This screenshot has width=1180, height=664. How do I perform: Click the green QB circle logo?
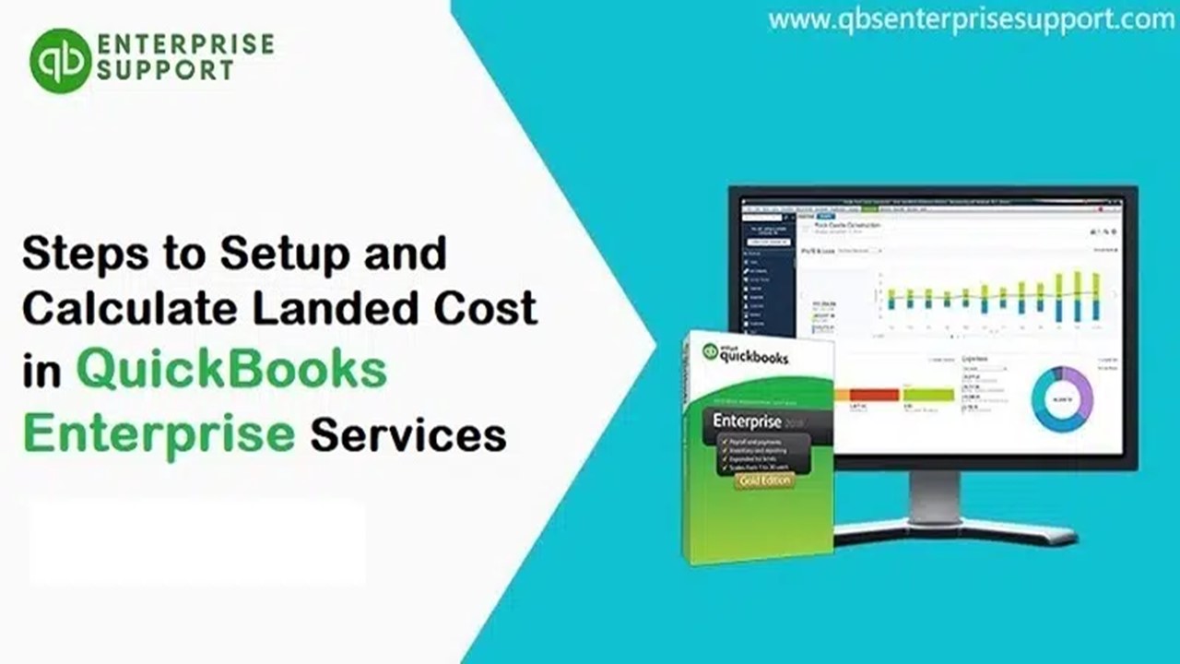61,61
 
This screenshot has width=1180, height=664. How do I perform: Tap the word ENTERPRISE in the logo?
185,44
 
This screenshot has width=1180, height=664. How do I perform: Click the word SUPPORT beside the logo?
165,71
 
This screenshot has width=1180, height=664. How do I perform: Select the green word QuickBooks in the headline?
231,371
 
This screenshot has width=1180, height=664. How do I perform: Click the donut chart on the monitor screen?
1062,399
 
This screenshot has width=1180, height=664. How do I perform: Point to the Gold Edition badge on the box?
764,480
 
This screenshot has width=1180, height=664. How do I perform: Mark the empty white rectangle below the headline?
197,542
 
